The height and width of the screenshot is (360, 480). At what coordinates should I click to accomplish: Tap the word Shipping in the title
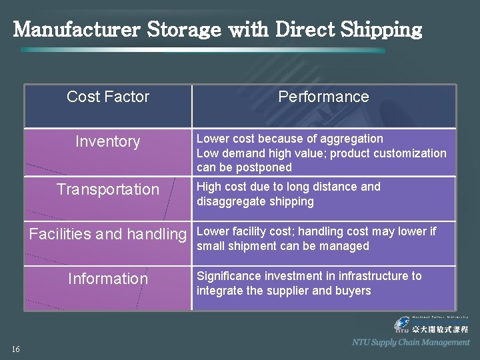(x=383, y=31)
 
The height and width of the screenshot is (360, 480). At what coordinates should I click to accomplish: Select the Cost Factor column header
(x=108, y=97)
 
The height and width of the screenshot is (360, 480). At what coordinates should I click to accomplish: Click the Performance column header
(x=323, y=97)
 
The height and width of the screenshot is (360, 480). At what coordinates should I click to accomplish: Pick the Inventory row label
(x=108, y=141)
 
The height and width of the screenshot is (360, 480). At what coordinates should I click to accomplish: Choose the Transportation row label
(x=108, y=189)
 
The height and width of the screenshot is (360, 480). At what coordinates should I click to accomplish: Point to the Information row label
(x=108, y=279)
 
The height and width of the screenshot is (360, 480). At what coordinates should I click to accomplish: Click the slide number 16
(x=15, y=349)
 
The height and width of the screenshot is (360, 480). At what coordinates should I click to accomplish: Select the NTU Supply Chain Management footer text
(x=411, y=342)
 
